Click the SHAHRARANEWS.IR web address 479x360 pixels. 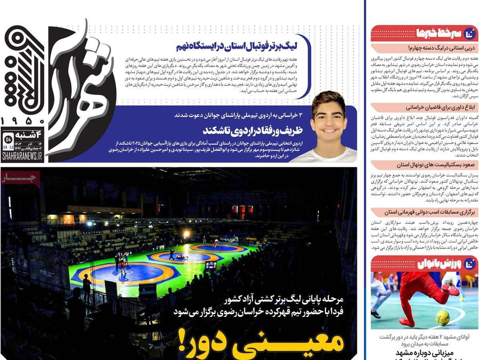coord(22,156)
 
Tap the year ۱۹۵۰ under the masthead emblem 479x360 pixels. coord(23,121)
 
